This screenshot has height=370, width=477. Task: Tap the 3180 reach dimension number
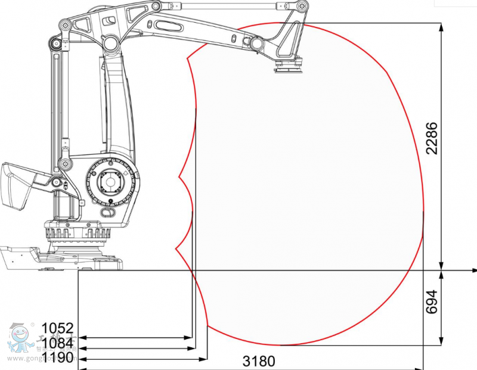click(259, 361)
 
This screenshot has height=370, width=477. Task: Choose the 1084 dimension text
click(57, 343)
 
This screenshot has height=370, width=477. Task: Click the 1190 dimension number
click(57, 357)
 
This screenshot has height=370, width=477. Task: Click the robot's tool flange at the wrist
click(289, 70)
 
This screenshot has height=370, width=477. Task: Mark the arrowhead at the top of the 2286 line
click(441, 27)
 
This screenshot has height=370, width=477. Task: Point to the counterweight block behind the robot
click(16, 185)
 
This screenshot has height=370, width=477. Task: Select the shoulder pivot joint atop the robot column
click(110, 42)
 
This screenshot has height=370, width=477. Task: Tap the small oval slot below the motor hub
click(108, 212)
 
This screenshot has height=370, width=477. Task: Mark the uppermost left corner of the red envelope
click(188, 57)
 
